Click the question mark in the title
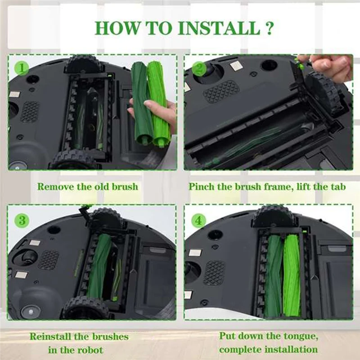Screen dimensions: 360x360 (268, 28)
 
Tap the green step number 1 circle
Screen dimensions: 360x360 (21, 68)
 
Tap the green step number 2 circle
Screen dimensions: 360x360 (198, 69)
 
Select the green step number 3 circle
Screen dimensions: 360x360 (21, 220)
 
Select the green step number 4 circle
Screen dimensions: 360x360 (198, 220)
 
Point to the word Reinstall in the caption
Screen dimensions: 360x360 (50, 337)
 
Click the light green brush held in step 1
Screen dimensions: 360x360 (158, 103)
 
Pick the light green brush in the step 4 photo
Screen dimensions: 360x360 (292, 274)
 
